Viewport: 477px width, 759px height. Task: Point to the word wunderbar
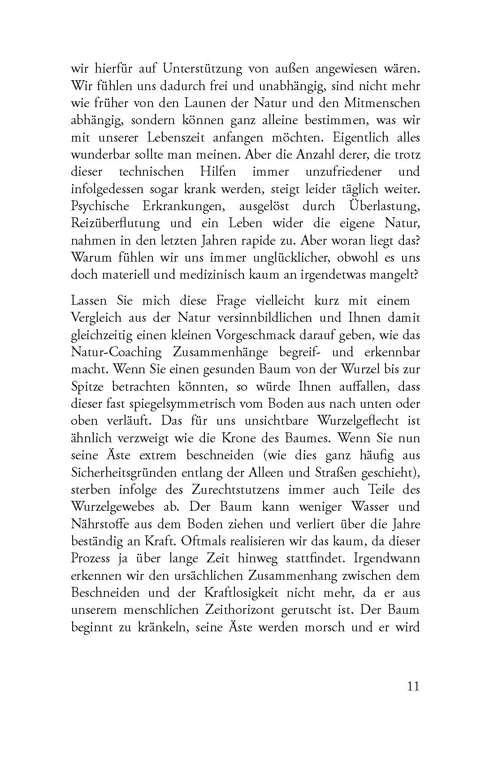(97, 155)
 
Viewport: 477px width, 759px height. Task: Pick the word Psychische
(100, 207)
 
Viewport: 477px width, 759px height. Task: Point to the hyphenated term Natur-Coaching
(116, 352)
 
